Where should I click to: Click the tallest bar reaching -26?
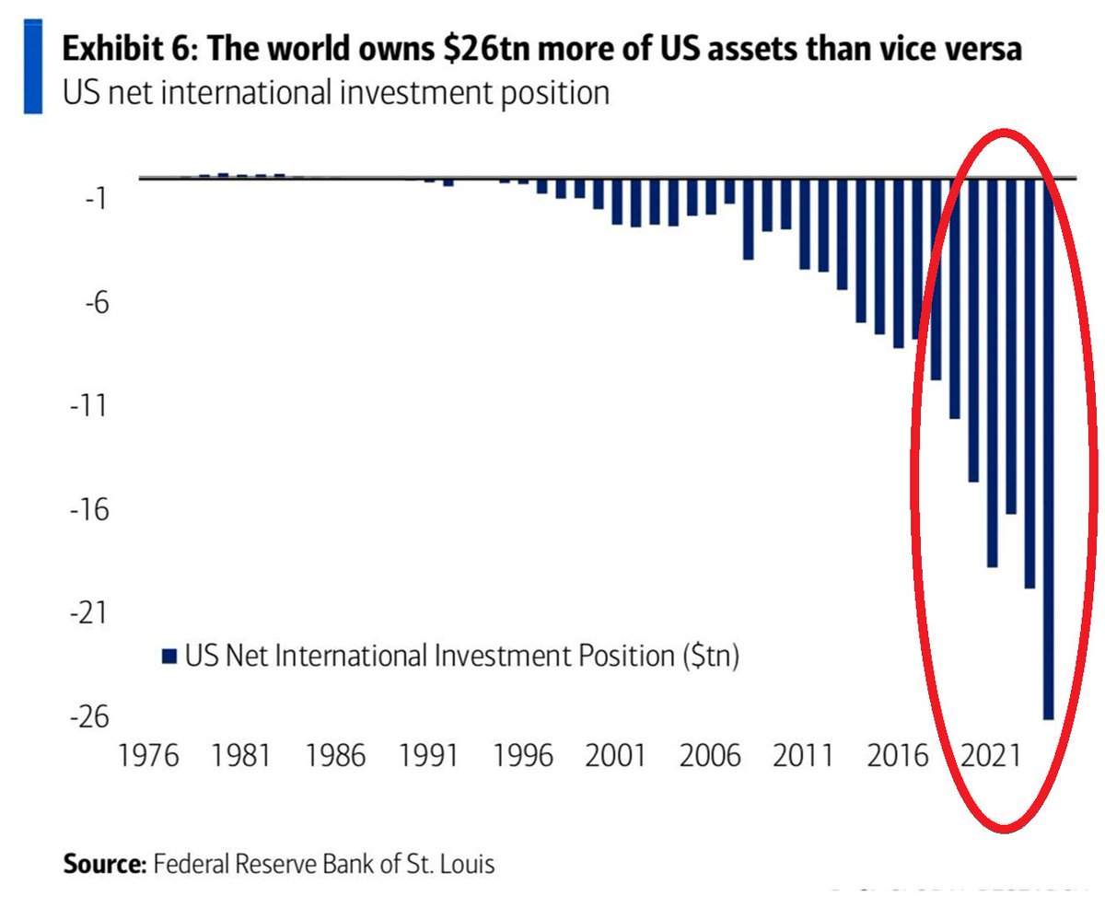(1048, 460)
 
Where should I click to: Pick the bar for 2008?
(748, 221)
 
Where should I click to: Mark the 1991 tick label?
(431, 757)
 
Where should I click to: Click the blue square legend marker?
(168, 657)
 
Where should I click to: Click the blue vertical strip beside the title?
(33, 66)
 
